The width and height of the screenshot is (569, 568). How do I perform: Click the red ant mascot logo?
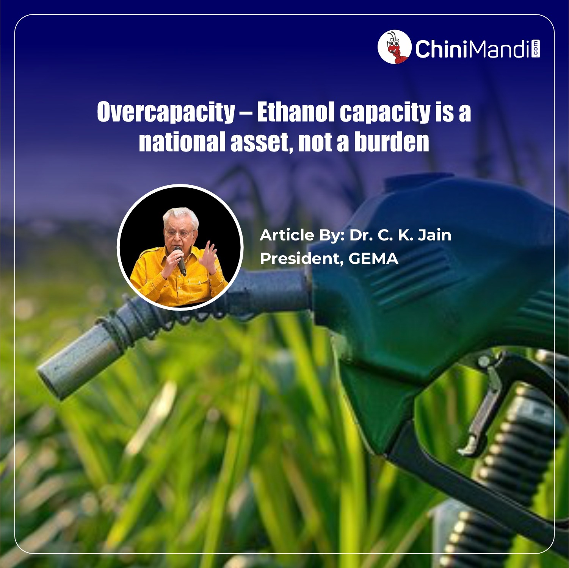(x=394, y=47)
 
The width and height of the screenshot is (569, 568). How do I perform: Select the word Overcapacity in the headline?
(x=166, y=112)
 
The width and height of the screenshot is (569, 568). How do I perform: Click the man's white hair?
(x=180, y=217)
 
